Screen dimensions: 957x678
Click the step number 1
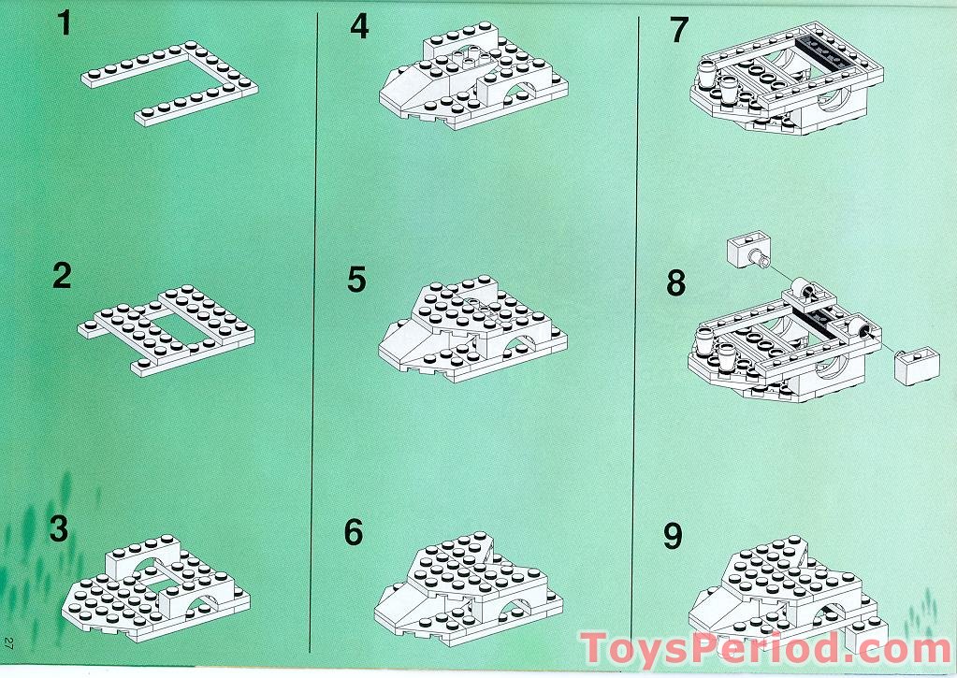(65, 23)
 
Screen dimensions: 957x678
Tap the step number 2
(63, 276)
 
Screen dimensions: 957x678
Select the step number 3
(59, 528)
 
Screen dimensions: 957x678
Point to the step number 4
(359, 26)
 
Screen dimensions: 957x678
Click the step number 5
(357, 280)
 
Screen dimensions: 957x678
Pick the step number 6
(354, 532)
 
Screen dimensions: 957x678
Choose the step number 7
(678, 30)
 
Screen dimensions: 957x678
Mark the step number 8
(676, 283)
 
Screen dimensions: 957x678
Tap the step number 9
(673, 537)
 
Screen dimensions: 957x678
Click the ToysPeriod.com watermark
(765, 649)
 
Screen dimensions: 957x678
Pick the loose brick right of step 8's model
(916, 367)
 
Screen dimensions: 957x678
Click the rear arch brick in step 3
(144, 555)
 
